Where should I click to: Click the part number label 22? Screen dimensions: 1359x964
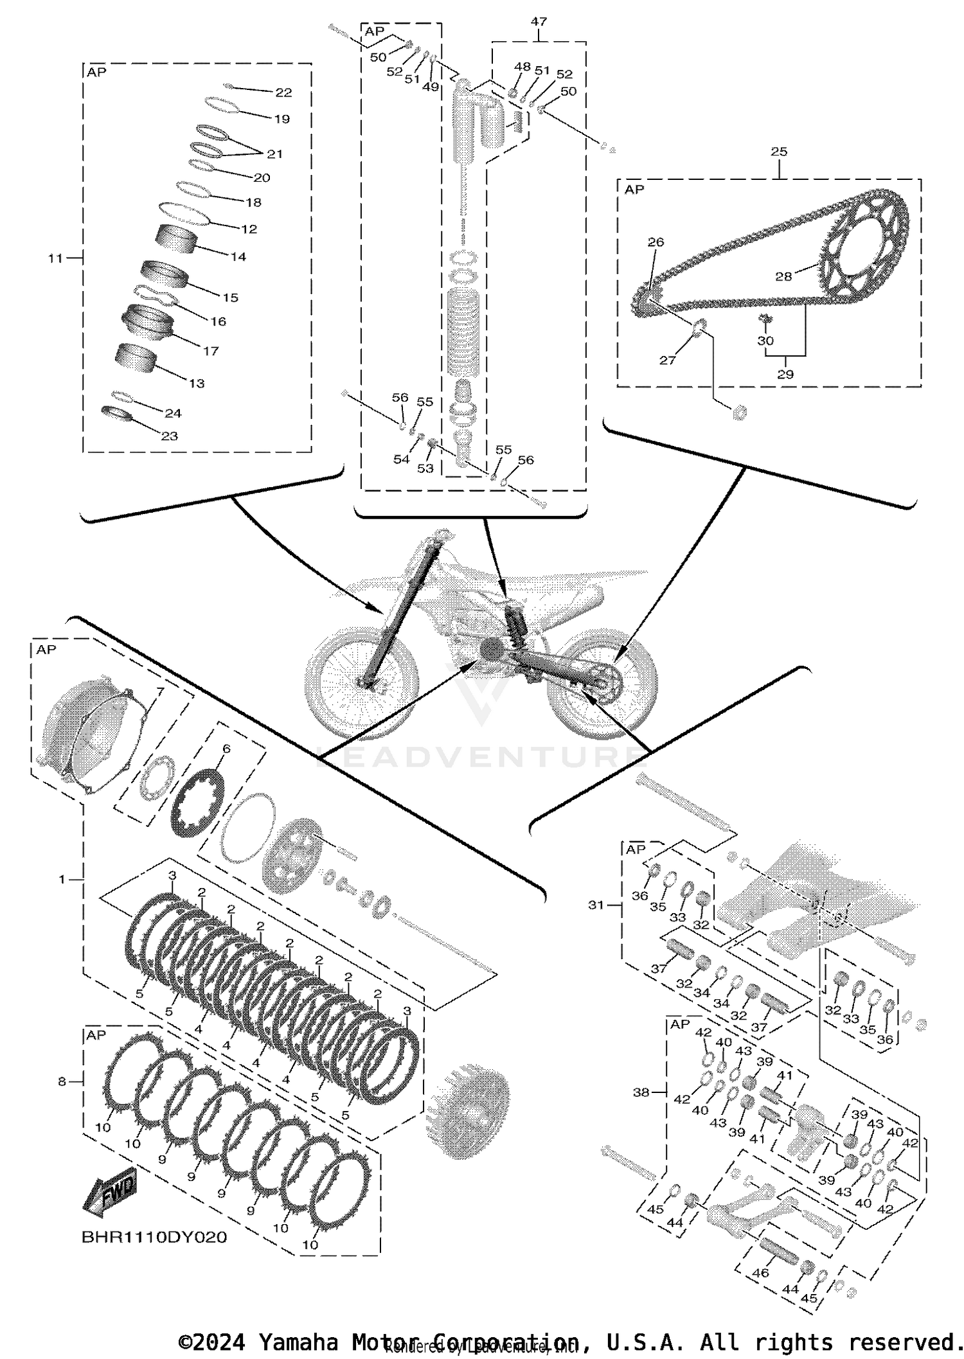point(283,93)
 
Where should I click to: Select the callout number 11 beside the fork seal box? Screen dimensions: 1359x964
point(55,258)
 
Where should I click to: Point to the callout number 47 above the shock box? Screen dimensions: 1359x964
point(539,21)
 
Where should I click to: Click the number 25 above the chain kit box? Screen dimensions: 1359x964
point(779,152)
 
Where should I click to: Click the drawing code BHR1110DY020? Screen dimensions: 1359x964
point(154,1237)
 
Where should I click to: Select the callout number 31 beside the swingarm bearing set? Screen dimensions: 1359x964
point(596,905)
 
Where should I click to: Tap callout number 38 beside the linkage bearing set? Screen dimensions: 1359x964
point(641,1092)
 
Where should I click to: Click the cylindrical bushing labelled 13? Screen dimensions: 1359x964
point(136,359)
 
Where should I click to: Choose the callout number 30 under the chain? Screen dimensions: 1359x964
point(765,341)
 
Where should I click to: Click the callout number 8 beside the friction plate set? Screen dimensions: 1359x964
point(62,1081)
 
